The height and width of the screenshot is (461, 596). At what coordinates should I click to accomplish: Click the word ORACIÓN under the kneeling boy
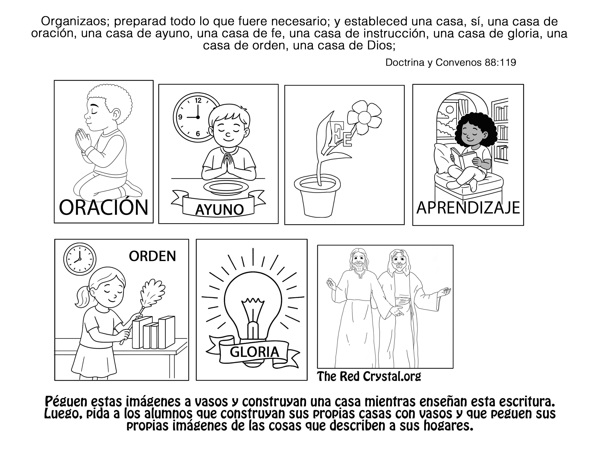tap(103, 208)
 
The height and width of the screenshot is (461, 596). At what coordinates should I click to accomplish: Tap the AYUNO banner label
tap(219, 210)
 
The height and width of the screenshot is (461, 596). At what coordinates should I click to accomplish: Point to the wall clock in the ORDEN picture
tap(80, 259)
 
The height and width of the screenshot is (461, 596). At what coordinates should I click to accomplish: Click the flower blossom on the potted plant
tap(364, 118)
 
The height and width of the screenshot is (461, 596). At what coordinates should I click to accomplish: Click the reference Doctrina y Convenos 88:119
tap(451, 63)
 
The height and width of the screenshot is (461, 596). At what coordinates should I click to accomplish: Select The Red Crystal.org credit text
tap(369, 377)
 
